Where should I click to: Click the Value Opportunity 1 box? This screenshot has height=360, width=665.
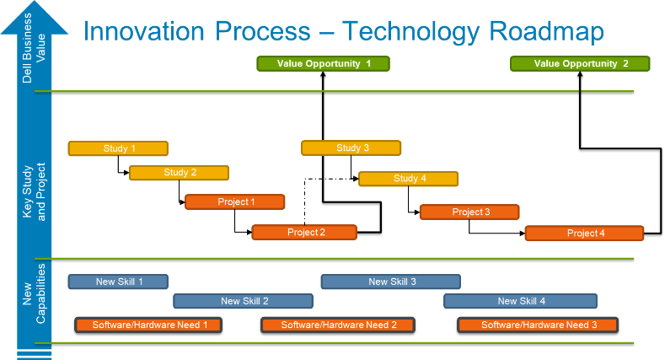click(x=323, y=63)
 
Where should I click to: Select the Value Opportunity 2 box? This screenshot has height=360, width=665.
click(x=580, y=63)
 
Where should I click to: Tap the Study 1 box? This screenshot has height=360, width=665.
click(x=118, y=148)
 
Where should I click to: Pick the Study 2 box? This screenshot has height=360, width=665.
click(x=179, y=173)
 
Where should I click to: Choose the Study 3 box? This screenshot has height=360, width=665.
click(x=351, y=148)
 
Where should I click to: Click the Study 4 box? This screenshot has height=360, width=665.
click(x=409, y=179)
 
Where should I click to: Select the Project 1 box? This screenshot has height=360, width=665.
click(x=235, y=201)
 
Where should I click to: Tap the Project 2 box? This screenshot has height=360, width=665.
click(x=304, y=233)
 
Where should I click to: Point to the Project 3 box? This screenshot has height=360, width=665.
click(x=469, y=212)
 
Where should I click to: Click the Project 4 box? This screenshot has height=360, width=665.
click(x=584, y=234)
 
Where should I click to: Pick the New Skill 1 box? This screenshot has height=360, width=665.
click(x=118, y=282)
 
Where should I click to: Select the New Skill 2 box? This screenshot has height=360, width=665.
click(x=244, y=301)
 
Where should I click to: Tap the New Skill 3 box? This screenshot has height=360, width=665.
click(x=391, y=282)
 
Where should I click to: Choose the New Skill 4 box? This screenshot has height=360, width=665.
click(x=520, y=301)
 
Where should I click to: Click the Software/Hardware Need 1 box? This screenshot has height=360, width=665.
click(x=148, y=325)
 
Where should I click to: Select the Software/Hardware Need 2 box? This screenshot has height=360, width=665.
click(x=338, y=325)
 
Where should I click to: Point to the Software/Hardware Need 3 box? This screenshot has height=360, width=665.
click(x=538, y=325)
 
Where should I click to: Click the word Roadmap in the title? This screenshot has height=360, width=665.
click(x=547, y=31)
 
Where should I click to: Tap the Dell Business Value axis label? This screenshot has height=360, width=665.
click(x=34, y=48)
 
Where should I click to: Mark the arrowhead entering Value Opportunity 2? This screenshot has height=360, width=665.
click(x=580, y=74)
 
